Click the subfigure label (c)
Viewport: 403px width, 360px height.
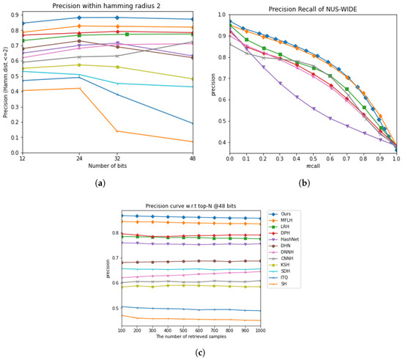pyautogui.click(x=200, y=353)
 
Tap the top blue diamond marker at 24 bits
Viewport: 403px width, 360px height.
pyautogui.click(x=100, y=18)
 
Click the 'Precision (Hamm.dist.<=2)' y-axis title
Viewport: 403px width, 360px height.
pyautogui.click(x=6, y=81)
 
